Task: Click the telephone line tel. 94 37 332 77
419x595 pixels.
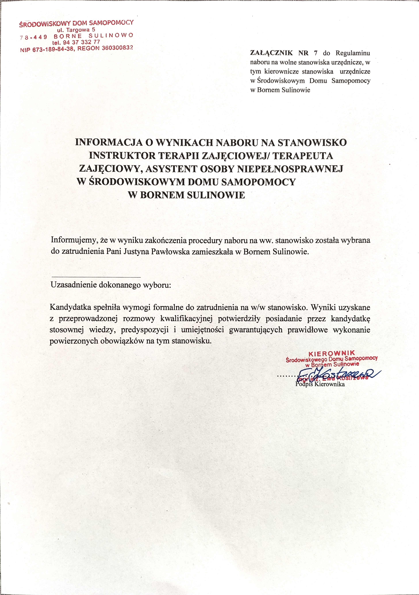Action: tap(76, 42)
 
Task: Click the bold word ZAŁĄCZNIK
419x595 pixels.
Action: tap(271, 53)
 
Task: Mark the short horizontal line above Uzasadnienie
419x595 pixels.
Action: tap(96, 277)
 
